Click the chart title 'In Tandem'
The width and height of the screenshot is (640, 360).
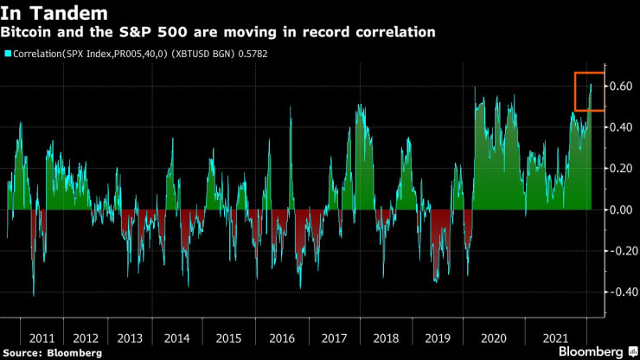tap(54, 13)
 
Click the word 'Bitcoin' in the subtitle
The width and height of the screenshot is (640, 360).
tap(26, 33)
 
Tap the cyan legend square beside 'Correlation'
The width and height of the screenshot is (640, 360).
tap(7, 54)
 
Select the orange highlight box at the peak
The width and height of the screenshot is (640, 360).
tap(590, 91)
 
